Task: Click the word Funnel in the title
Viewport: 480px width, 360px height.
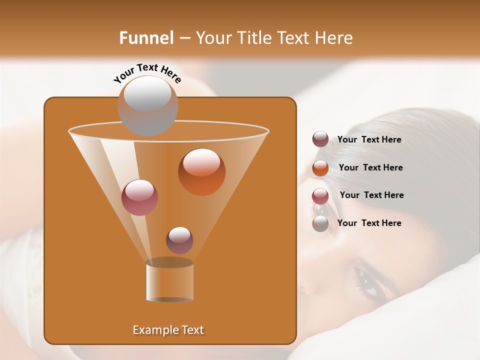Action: pyautogui.click(x=146, y=38)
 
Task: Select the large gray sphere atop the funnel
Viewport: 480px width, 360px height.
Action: pyautogui.click(x=147, y=106)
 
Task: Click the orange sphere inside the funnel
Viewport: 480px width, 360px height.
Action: pyautogui.click(x=201, y=171)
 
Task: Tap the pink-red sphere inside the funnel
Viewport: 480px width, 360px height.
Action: pyautogui.click(x=139, y=197)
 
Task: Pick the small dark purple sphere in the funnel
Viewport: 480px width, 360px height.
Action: pyautogui.click(x=179, y=240)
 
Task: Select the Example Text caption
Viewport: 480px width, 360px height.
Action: pyautogui.click(x=168, y=330)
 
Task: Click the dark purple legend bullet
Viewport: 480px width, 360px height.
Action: pyautogui.click(x=320, y=139)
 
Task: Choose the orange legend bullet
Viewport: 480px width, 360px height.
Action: pyautogui.click(x=320, y=167)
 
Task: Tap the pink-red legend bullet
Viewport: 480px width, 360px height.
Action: pyautogui.click(x=320, y=195)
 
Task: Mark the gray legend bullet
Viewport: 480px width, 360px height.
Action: pyautogui.click(x=320, y=223)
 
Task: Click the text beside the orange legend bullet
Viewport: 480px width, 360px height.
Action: pyautogui.click(x=370, y=167)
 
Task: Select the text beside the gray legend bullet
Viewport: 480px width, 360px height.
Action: pyautogui.click(x=369, y=223)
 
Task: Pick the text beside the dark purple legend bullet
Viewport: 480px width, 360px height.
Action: pyautogui.click(x=369, y=139)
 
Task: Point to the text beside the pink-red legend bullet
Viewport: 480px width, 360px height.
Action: pyautogui.click(x=371, y=195)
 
